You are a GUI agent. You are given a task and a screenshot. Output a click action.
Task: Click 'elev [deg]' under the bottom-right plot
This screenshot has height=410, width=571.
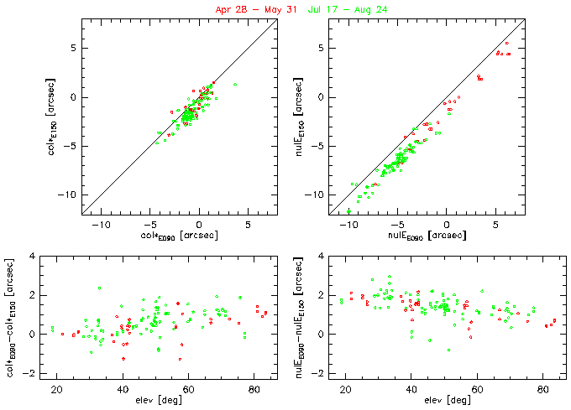coord(432,400)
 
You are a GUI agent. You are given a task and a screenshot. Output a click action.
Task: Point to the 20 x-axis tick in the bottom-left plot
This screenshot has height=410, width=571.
coord(57,388)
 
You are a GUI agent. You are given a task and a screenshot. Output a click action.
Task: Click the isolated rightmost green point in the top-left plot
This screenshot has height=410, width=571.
coord(235,84)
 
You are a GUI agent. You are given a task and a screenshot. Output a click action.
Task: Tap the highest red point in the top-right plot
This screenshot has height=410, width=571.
coord(506,43)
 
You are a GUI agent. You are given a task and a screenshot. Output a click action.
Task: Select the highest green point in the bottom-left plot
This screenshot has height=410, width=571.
coord(99,288)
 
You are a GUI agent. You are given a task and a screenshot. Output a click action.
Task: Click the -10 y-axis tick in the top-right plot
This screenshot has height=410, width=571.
coord(319,195)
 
